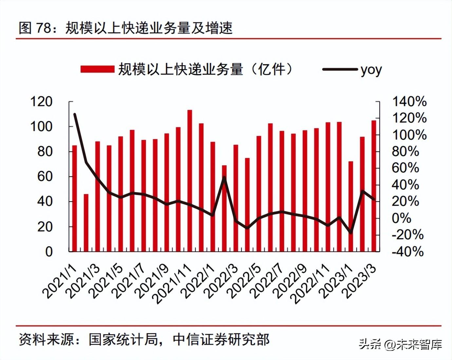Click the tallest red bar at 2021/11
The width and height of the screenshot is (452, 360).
click(x=190, y=180)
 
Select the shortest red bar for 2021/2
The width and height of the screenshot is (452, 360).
click(x=86, y=223)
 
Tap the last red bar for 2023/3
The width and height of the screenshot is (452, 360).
click(x=374, y=186)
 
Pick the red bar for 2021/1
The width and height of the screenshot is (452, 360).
click(x=75, y=198)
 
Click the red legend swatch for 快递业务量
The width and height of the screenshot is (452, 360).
click(x=97, y=69)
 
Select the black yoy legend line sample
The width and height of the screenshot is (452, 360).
click(x=340, y=69)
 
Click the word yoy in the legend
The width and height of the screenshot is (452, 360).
click(x=371, y=70)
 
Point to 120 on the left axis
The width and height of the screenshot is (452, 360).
click(x=41, y=102)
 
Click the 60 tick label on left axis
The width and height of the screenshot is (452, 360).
click(x=45, y=176)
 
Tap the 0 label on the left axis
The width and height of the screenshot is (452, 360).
click(x=49, y=251)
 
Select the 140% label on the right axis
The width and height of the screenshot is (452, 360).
click(x=409, y=102)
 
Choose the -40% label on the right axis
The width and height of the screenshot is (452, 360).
click(x=407, y=252)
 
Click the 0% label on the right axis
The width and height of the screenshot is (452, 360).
click(x=402, y=218)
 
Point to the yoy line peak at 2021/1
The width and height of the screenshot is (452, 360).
click(x=75, y=114)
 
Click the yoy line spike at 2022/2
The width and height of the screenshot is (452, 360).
click(x=224, y=177)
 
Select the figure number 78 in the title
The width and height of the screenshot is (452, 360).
click(x=44, y=28)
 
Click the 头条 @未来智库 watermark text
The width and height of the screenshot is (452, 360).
click(x=400, y=344)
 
